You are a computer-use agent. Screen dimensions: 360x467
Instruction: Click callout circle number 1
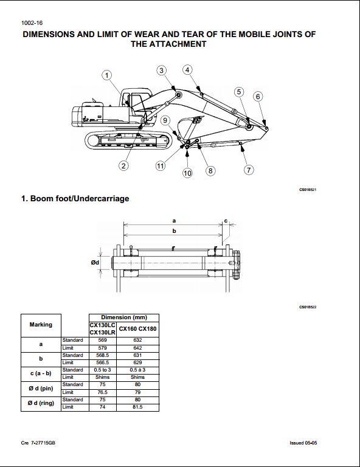(107, 75)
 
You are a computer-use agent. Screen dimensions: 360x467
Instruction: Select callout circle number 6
(258, 96)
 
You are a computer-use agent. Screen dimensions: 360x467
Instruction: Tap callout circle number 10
(187, 173)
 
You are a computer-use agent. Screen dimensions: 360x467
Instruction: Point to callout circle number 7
(249, 170)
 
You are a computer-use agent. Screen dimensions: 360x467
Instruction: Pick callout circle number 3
(161, 71)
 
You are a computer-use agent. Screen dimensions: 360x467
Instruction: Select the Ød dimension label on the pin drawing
(95, 263)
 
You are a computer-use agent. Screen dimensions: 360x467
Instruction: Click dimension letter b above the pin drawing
(174, 231)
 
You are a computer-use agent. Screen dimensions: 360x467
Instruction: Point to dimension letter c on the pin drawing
(226, 221)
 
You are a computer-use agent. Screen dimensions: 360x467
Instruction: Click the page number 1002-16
(32, 23)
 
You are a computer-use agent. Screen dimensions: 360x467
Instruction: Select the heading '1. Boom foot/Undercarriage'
(75, 198)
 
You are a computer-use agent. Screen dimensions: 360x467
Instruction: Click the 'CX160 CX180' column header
(137, 329)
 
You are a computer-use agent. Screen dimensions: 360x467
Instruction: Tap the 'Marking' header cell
(41, 325)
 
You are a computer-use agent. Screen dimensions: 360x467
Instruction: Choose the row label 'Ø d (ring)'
(41, 403)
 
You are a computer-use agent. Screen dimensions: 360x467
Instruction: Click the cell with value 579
(102, 348)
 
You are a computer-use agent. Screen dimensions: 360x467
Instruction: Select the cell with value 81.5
(137, 407)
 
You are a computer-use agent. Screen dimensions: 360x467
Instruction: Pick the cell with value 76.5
(102, 392)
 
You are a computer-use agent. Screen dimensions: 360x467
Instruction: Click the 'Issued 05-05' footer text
(303, 443)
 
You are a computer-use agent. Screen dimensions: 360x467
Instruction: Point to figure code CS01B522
(308, 307)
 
